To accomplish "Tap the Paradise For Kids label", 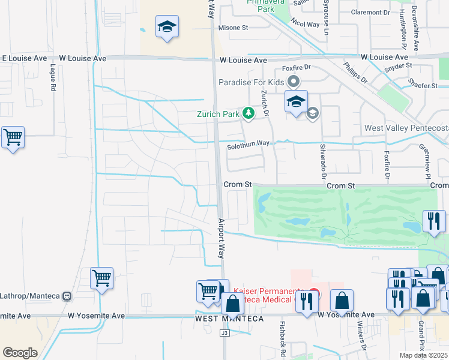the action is [x=252, y=82].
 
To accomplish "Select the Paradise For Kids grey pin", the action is [x=294, y=82].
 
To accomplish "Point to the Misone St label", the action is [x=233, y=28].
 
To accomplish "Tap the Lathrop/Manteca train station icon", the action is [x=67, y=296].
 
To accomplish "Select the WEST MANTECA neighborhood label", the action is [x=229, y=319].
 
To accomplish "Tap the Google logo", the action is [x=20, y=353].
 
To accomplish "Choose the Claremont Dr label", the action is [x=370, y=12].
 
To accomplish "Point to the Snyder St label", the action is [x=400, y=65].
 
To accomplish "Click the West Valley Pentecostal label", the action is [x=406, y=128].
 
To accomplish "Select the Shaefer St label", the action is [x=423, y=86].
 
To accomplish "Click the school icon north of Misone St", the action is [x=166, y=28].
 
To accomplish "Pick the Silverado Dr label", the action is [x=322, y=163].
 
